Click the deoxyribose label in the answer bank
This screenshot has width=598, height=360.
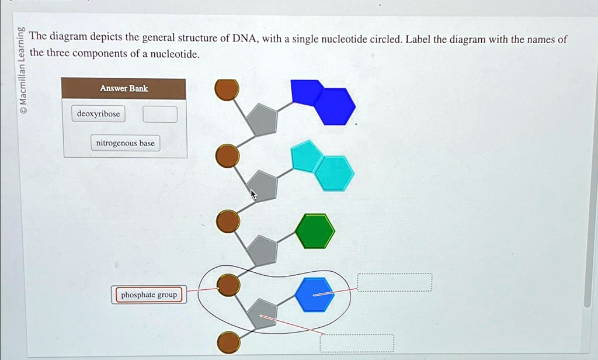[98, 114]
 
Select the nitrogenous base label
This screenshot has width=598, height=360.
[122, 143]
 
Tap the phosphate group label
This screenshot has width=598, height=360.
[148, 295]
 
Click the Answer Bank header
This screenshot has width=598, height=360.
[124, 89]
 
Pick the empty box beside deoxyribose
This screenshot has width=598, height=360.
[160, 114]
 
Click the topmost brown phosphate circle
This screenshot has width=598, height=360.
[227, 90]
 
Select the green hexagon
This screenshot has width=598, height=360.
[315, 231]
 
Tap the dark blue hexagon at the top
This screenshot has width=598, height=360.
[335, 106]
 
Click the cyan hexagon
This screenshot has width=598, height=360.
[334, 173]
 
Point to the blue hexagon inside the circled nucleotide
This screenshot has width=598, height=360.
[315, 295]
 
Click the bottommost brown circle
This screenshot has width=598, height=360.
[228, 342]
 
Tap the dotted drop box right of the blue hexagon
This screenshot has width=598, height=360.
[395, 282]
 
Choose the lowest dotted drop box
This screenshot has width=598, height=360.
[357, 343]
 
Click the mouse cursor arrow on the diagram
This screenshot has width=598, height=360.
[253, 195]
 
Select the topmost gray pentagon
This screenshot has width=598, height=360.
[261, 119]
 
